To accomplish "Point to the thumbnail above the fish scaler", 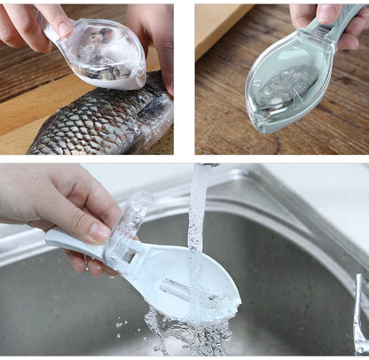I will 63,28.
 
